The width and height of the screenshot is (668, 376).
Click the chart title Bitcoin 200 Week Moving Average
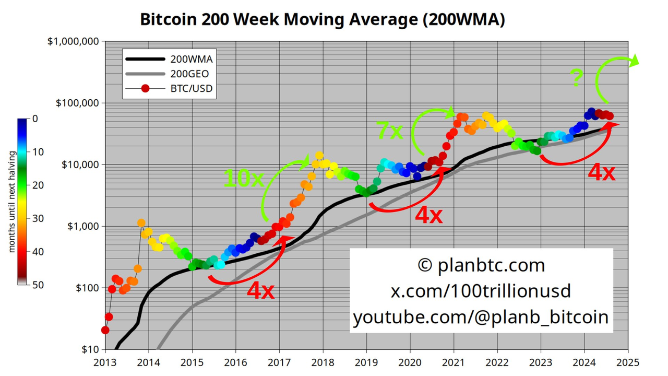[323, 19]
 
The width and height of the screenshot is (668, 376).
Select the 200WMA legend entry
[191, 59]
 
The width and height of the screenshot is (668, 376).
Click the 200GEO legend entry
[191, 74]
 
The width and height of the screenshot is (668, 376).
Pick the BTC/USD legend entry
[191, 88]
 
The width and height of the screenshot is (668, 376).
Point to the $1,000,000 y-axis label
[73, 41]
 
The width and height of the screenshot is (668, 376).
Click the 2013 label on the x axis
[105, 362]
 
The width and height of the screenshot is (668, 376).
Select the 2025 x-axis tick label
[628, 362]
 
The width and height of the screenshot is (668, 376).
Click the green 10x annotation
[243, 178]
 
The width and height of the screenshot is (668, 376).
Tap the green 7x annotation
[389, 131]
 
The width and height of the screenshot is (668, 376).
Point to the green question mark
[577, 78]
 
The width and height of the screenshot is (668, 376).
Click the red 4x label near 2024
[601, 172]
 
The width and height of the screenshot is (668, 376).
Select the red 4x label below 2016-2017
[260, 291]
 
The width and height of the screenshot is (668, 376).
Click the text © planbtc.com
[481, 265]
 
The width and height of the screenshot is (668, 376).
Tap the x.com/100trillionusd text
[481, 291]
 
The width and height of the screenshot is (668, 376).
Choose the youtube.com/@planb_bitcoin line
[481, 317]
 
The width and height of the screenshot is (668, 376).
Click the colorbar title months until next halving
[11, 202]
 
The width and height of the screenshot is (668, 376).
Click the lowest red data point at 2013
[105, 330]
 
